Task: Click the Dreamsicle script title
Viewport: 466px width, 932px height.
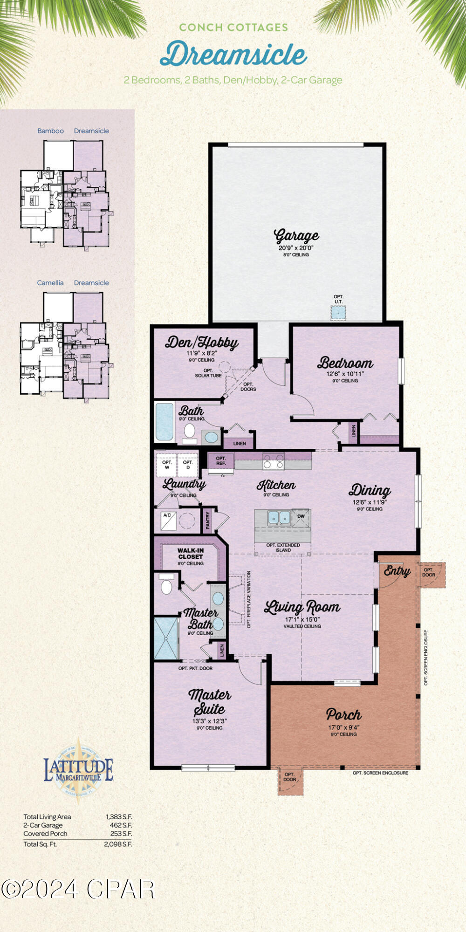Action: [233, 54]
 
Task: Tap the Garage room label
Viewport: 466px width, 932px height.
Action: [296, 236]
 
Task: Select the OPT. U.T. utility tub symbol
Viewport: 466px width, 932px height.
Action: [338, 312]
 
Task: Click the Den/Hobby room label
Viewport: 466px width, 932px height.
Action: [201, 343]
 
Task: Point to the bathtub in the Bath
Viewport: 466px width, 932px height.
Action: [164, 422]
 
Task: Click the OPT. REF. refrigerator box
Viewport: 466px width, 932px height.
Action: [221, 461]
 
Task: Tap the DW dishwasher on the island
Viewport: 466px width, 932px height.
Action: [301, 516]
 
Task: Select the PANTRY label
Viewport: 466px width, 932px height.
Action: [208, 521]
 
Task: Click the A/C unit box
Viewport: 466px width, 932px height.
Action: [168, 521]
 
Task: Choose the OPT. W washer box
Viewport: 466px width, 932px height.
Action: [167, 465]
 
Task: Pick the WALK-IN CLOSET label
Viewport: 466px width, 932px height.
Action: [190, 554]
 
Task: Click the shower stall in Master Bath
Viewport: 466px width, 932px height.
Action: [166, 638]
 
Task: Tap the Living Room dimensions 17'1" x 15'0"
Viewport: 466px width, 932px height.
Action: [302, 619]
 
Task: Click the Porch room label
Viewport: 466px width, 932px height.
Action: [343, 714]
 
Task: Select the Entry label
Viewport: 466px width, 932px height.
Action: [397, 571]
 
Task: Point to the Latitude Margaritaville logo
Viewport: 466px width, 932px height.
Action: [78, 769]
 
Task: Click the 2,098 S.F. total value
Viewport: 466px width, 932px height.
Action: [118, 844]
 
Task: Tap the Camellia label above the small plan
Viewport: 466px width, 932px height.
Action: [50, 283]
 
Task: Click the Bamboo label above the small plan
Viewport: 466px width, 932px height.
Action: [50, 131]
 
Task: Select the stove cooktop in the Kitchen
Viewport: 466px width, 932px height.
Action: [274, 461]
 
